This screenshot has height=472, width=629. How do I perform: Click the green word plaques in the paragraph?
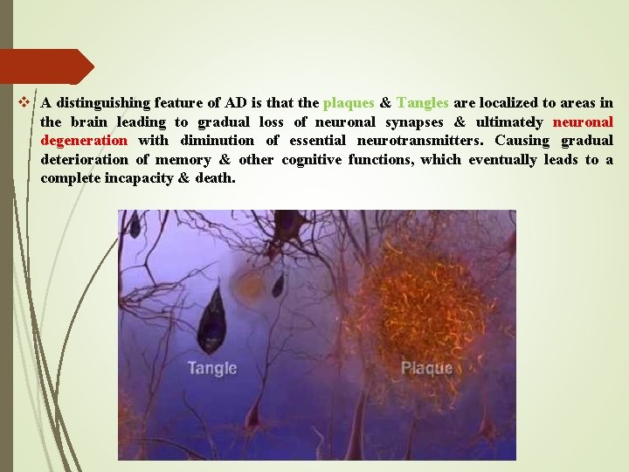coord(349,103)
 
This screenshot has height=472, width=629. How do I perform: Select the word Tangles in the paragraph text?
coord(423,103)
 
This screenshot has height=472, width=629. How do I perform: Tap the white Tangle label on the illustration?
coord(211,368)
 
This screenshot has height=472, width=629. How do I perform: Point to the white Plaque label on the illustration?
coord(426,368)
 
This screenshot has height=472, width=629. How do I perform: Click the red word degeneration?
coord(84,141)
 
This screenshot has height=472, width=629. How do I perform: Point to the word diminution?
coord(217,141)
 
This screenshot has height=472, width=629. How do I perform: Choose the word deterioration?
coord(82,160)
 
